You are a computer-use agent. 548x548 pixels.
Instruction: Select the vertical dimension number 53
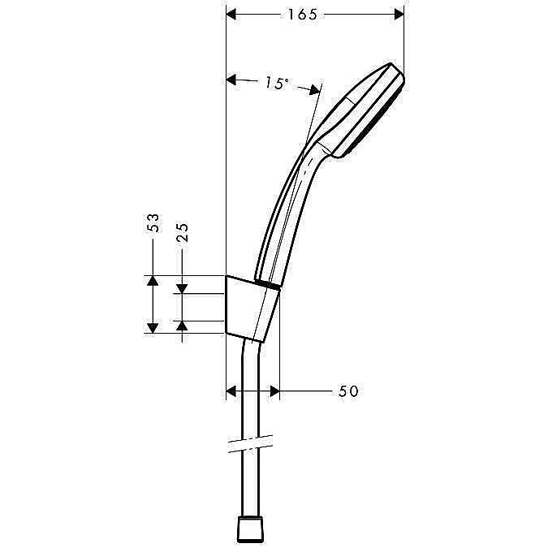tap(153, 224)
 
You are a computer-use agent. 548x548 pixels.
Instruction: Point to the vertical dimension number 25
tap(183, 232)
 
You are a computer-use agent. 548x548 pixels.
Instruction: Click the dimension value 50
tap(348, 391)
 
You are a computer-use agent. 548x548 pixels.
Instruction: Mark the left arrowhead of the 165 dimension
tap(231, 14)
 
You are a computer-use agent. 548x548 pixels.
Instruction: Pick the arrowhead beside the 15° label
tap(231, 80)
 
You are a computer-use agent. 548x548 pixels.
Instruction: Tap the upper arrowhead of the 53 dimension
tap(152, 281)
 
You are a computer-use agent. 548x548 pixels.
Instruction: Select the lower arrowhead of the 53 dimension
tap(152, 326)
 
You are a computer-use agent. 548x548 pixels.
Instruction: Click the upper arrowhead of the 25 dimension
tap(183, 287)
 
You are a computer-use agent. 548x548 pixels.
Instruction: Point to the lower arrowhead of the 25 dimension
tap(183, 326)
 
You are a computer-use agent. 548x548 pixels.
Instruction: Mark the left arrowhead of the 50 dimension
tap(231, 391)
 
